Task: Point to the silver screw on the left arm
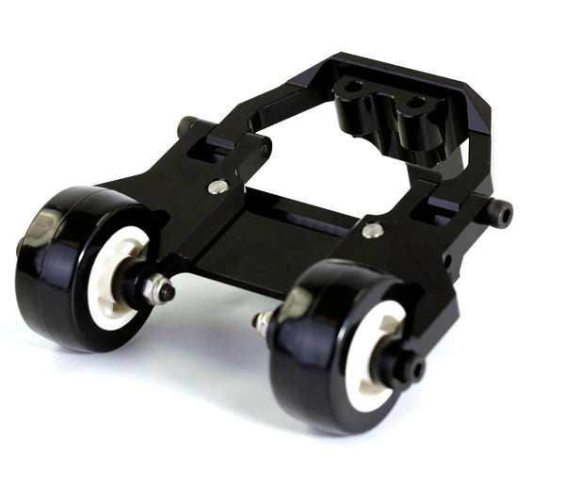click(x=218, y=187)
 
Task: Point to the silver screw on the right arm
click(x=373, y=229)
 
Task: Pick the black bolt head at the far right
click(x=500, y=213)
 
